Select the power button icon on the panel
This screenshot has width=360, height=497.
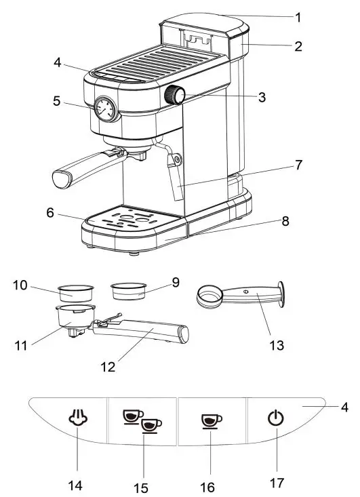click(x=275, y=419)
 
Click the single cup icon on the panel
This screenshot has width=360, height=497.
click(x=212, y=421)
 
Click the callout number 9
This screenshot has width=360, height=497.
click(x=176, y=282)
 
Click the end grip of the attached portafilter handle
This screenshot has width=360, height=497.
click(x=63, y=178)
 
